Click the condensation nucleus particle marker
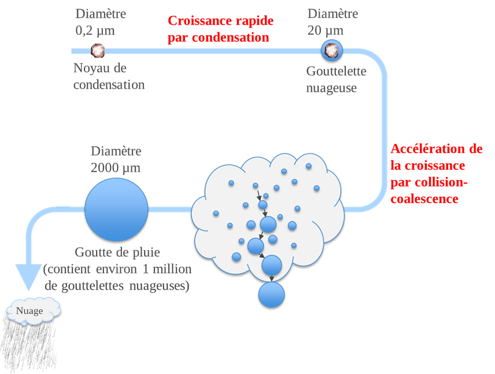tap(98, 50)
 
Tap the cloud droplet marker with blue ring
tap(332, 50)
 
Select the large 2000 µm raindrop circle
tap(116, 209)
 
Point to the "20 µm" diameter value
tap(325, 30)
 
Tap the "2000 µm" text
tap(116, 168)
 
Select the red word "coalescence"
tap(424, 199)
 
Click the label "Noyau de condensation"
tap(109, 76)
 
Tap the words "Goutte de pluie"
tap(117, 252)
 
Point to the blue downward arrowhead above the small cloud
tap(26, 276)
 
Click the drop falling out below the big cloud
tap(271, 295)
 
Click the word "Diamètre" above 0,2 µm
tap(101, 13)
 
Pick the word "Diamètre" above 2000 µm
tap(116, 151)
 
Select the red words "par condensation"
tap(219, 38)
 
